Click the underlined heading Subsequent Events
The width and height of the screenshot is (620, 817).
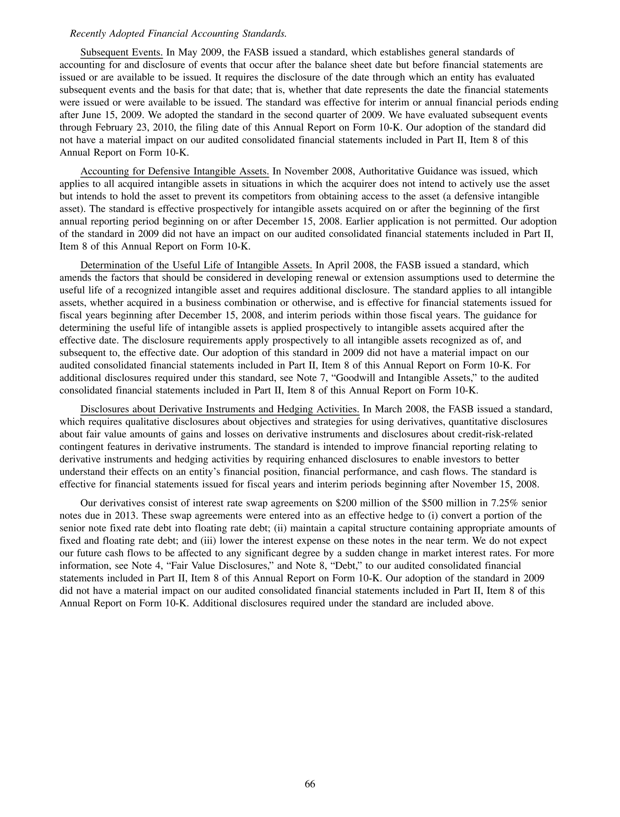click(x=122, y=52)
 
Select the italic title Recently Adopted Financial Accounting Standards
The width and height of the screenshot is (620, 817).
click(x=179, y=34)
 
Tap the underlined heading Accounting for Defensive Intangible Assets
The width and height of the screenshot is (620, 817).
click(x=174, y=171)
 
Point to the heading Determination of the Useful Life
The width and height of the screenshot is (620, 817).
click(x=196, y=265)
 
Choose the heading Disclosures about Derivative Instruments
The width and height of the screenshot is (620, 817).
click(x=220, y=409)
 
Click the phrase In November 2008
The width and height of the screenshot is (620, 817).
click(x=314, y=171)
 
